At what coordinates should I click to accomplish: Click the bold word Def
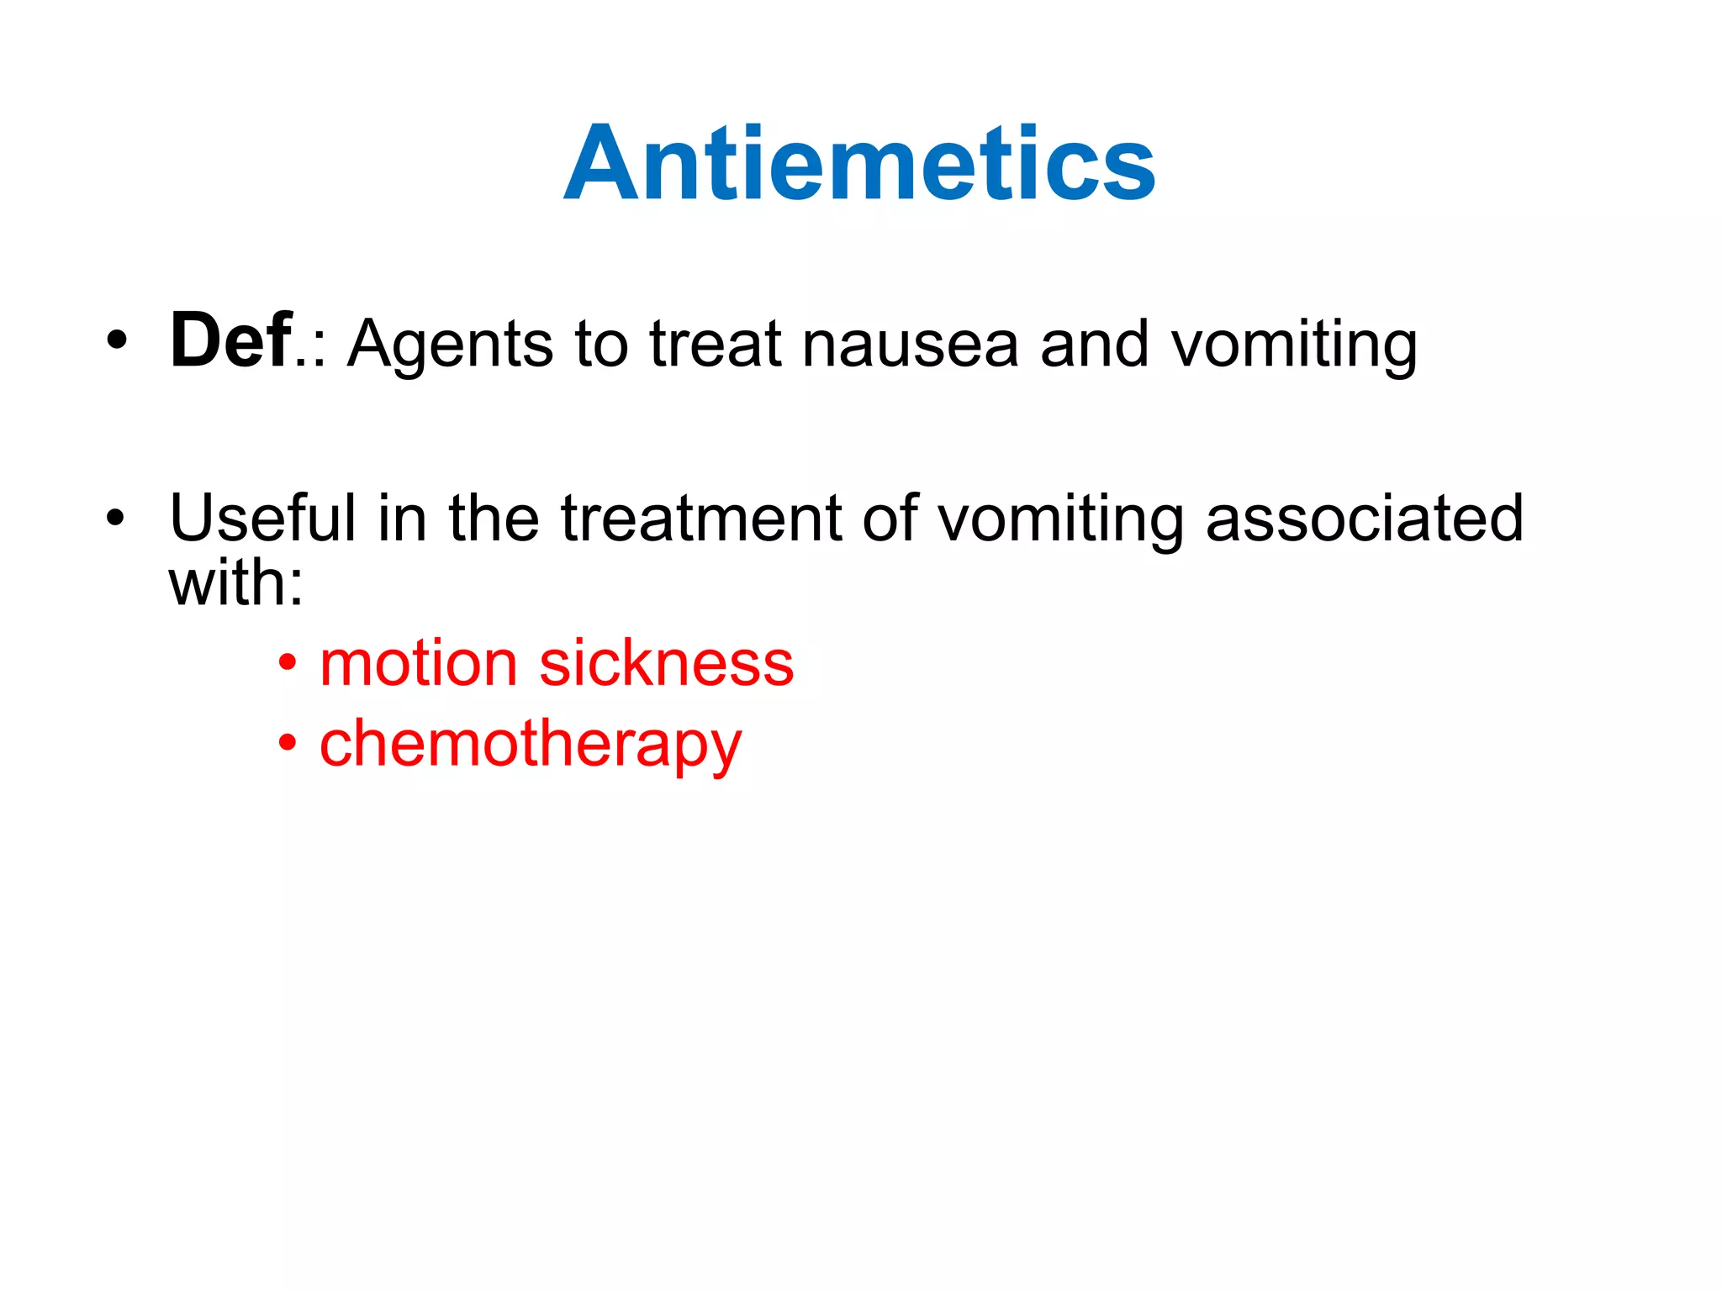click(231, 340)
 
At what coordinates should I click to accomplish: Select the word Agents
click(451, 345)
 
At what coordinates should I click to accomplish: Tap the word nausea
click(910, 345)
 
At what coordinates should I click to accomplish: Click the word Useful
click(263, 518)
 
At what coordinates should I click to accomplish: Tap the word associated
click(1364, 518)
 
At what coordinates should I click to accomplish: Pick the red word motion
click(418, 663)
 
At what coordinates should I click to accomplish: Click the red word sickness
click(666, 663)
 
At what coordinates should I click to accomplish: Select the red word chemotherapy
click(531, 745)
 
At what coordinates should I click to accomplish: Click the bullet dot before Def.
click(117, 342)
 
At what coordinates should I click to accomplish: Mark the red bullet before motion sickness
click(288, 663)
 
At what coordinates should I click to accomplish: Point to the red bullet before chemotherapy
click(288, 743)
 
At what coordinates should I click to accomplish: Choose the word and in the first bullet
click(1094, 345)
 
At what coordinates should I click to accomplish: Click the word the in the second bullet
click(494, 518)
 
